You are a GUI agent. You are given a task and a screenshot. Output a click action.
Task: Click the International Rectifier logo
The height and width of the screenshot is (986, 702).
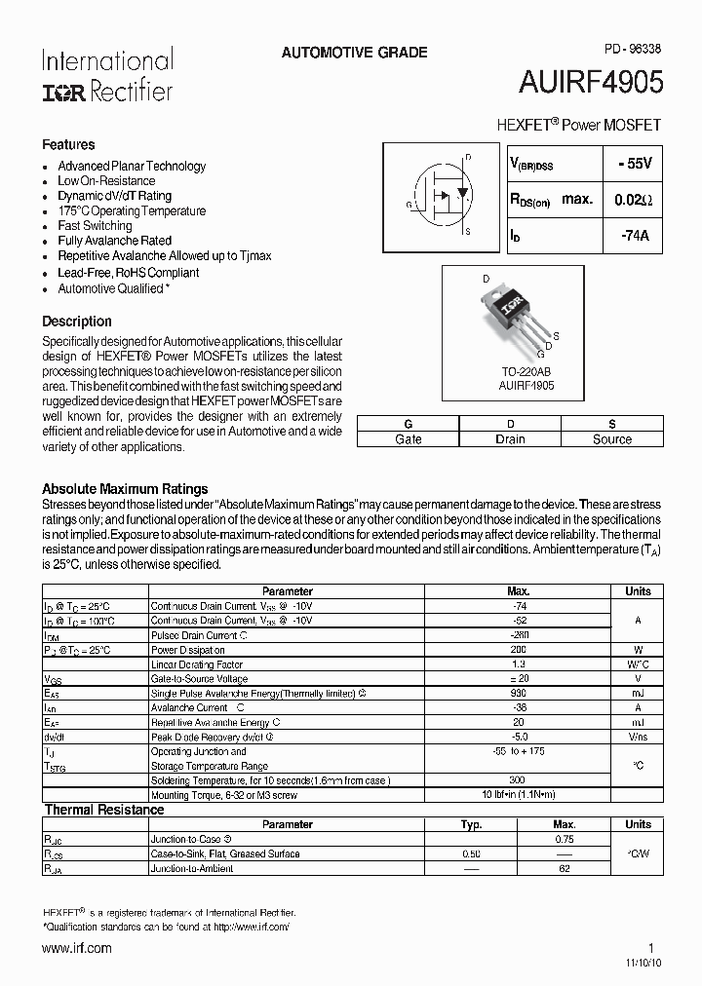point(107,75)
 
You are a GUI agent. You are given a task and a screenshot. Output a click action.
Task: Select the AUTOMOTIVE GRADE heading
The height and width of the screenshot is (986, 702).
point(354,53)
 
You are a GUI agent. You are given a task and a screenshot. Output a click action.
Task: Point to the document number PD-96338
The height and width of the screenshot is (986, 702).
point(626,47)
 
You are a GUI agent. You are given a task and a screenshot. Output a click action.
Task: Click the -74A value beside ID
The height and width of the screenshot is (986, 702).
point(633,235)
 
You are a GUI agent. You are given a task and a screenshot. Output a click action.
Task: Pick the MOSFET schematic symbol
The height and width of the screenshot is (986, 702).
point(441,194)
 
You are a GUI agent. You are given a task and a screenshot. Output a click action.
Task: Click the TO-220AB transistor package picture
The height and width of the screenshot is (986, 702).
point(515,316)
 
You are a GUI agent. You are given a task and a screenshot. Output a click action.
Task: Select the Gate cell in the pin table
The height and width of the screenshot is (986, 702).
point(408,439)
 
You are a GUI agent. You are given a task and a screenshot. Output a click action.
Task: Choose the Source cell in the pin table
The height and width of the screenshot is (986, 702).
point(611,439)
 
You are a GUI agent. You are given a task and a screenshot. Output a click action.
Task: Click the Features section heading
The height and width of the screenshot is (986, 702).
point(68,144)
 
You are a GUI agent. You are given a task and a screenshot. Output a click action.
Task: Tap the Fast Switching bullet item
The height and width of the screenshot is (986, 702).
point(95,225)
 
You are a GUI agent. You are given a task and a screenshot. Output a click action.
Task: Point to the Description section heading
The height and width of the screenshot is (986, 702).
point(77,321)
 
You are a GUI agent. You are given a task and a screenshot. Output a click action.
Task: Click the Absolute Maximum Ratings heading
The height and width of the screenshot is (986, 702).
point(125,488)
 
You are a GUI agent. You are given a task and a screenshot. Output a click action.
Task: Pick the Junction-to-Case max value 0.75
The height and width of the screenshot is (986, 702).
point(564,839)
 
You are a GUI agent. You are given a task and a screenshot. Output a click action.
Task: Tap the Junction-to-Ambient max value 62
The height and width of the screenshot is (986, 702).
point(564,868)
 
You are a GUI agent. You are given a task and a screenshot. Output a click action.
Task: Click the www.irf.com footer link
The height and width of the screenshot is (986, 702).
point(76,947)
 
